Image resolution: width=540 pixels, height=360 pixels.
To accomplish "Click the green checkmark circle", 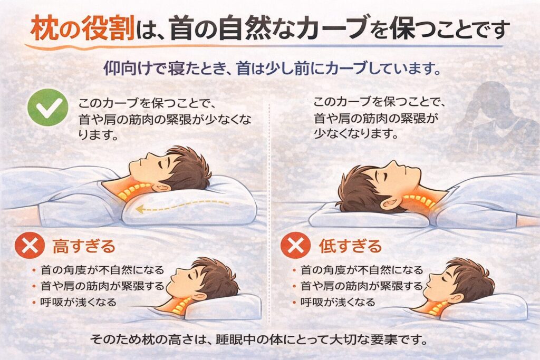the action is tap(47, 108).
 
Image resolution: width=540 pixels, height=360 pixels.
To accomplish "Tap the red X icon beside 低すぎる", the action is tap(295, 245).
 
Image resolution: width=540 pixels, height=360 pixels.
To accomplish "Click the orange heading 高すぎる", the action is tap(84, 246).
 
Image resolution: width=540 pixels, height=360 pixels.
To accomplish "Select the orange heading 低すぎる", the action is tap(350, 246).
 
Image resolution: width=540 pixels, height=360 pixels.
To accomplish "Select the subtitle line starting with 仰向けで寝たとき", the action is tap(272, 69).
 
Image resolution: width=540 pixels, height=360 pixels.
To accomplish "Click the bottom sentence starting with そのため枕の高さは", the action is tap(258, 340).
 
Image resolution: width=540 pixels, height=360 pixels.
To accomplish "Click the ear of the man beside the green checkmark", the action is tap(160, 187).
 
